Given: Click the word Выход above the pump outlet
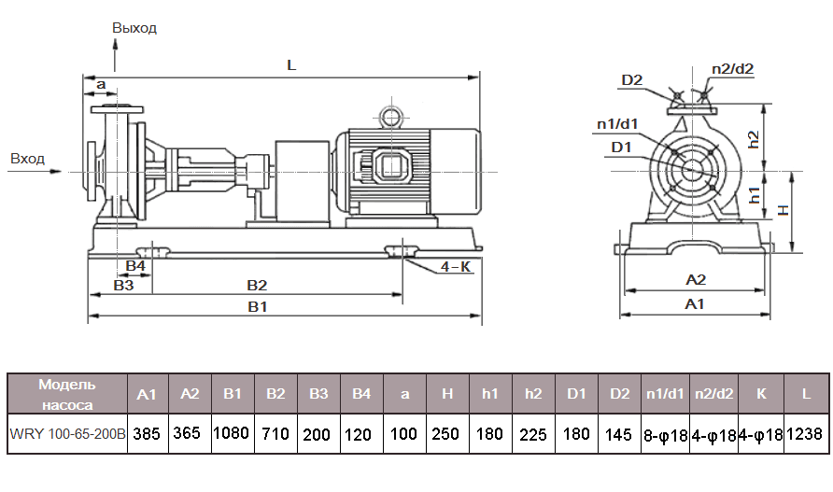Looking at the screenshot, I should point(134,28).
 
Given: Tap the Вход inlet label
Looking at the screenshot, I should point(28,159).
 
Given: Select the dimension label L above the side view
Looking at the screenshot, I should point(291,66).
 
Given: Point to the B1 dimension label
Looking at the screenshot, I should point(258,306).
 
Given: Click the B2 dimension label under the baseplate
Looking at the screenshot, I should point(257,285).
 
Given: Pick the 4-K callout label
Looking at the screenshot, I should point(455,266).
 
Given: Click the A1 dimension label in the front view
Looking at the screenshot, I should point(695,304).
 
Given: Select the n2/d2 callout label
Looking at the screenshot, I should point(732,68).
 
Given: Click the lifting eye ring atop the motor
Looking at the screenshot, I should point(388,116).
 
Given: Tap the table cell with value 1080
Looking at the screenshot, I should point(233,434).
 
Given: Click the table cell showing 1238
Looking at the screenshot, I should point(806,434).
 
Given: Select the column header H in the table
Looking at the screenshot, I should point(447,394).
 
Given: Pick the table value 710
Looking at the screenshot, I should point(275,434).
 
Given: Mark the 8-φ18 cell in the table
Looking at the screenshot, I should point(665,434).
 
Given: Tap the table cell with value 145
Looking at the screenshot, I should point(620,434).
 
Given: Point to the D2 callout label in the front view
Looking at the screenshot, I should point(632,80).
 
